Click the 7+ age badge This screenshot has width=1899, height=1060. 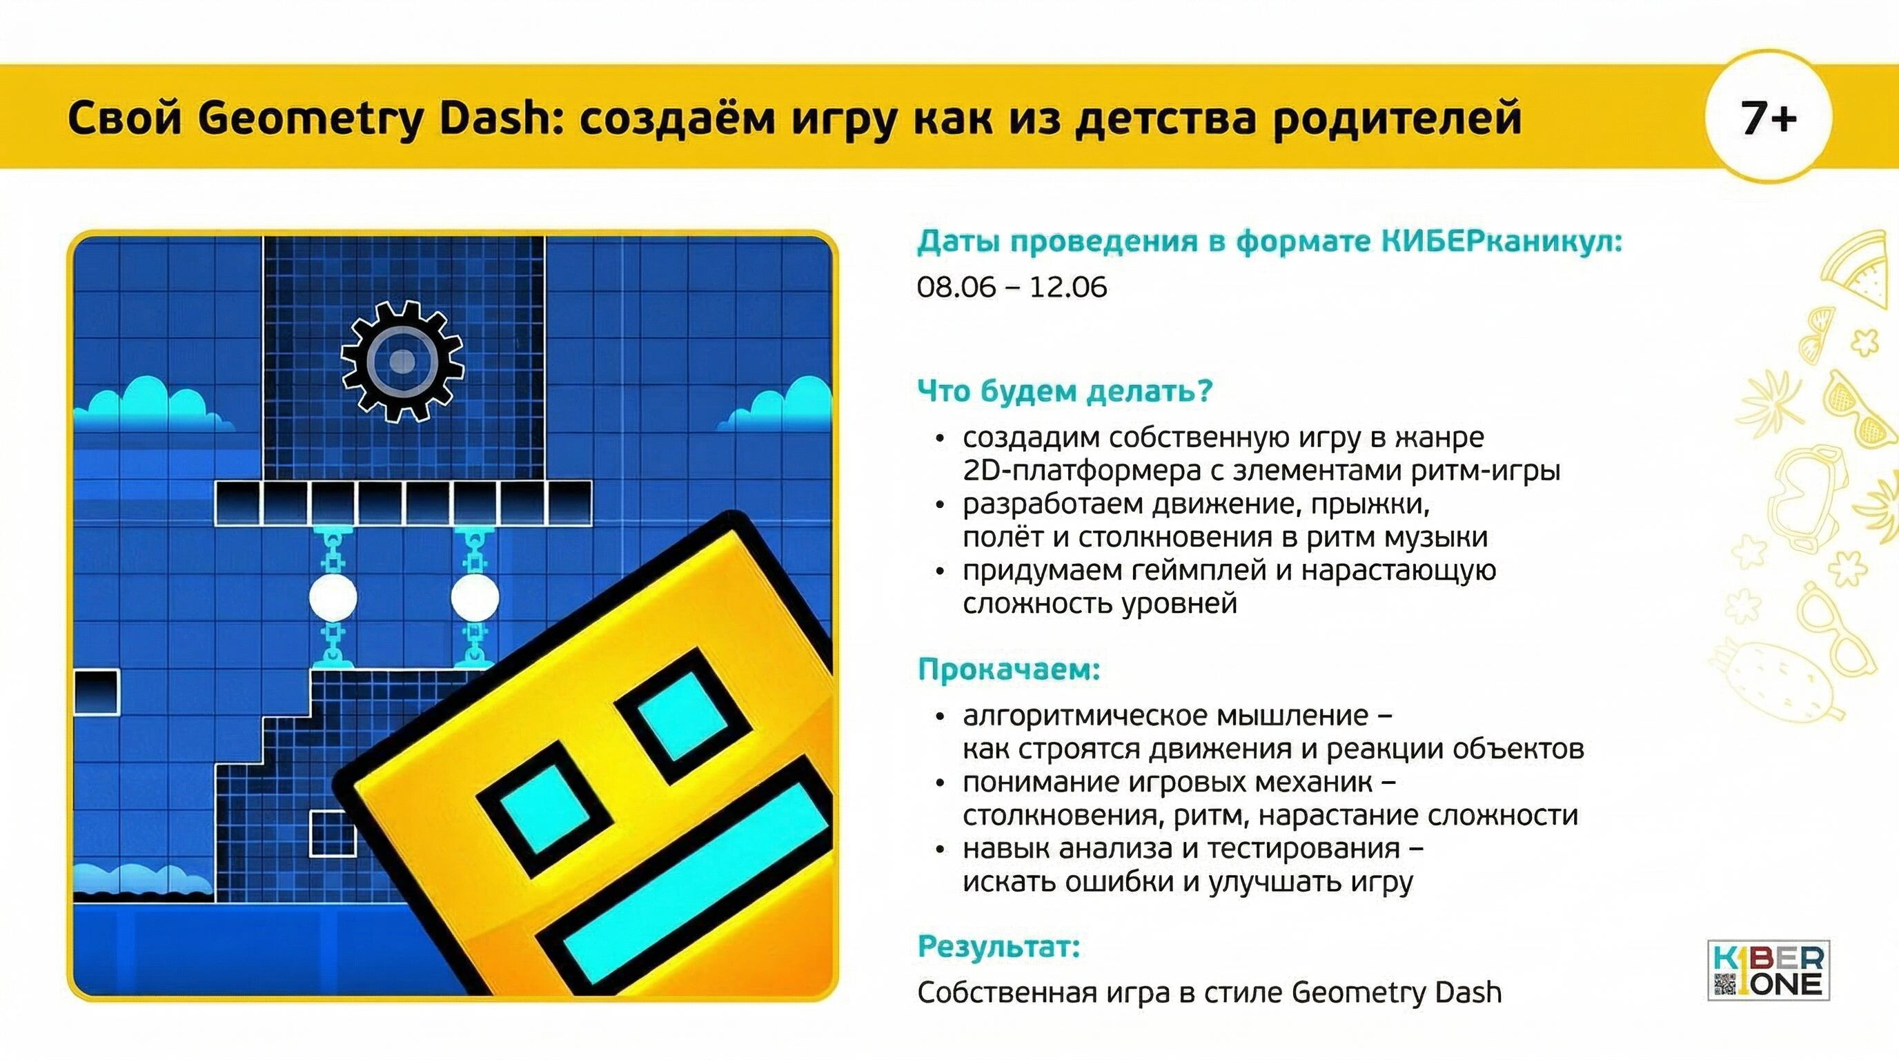pos(1769,117)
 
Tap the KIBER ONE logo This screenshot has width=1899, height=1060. pos(1767,970)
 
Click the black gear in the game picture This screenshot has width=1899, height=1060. pos(402,360)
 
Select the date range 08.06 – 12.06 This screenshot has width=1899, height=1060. pos(1012,287)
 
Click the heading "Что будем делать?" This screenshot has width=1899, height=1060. pos(1065,391)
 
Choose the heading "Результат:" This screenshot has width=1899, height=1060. pos(999,945)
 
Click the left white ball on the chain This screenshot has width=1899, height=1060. pos(333,597)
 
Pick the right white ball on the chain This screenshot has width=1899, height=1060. pos(475,597)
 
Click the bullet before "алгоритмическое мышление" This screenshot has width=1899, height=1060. pos(939,717)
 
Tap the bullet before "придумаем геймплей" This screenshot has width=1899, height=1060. pos(939,571)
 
